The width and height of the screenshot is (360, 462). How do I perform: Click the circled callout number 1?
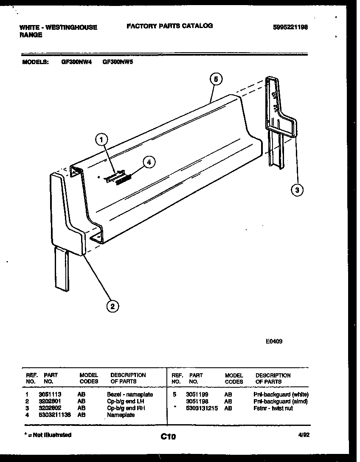101,139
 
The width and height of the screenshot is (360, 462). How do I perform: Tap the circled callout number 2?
112,306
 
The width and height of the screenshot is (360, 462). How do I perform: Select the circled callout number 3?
297,190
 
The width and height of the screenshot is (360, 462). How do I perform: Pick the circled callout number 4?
149,162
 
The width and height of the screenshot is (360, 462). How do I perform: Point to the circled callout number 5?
216,79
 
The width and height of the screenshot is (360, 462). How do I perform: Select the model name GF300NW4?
76,61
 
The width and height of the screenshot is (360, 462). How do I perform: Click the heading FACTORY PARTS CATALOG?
170,26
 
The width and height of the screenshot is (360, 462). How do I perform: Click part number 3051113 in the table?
50,394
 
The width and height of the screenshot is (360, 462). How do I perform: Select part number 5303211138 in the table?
54,415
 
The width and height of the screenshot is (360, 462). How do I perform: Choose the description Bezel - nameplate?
130,394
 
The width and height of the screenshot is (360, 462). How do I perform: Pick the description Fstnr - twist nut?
273,408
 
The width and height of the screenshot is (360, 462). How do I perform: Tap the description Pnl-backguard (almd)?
281,401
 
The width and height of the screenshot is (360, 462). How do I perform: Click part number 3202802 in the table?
50,408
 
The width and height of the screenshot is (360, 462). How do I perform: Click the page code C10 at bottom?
168,436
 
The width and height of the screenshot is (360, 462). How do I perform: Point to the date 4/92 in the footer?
302,435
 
